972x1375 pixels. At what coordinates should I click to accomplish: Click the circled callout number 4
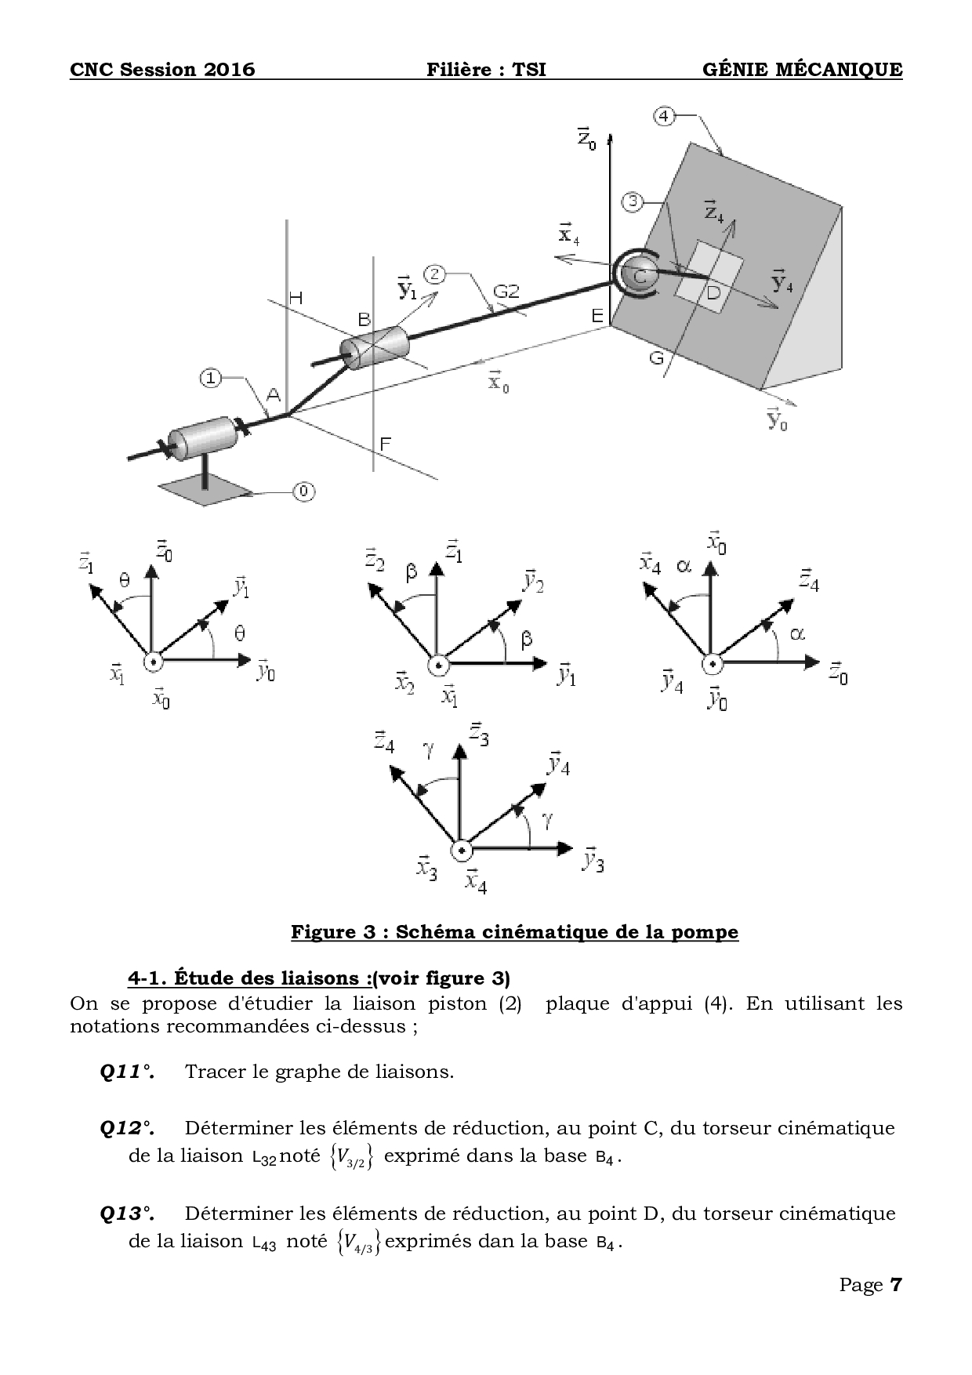click(x=663, y=116)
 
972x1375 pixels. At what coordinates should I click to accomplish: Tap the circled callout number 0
click(x=304, y=492)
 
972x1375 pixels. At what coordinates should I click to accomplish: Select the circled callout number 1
click(x=210, y=378)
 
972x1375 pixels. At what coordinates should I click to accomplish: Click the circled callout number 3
click(x=633, y=201)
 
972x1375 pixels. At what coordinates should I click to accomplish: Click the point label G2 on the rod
click(x=506, y=292)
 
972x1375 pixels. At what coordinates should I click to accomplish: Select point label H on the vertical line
click(x=296, y=298)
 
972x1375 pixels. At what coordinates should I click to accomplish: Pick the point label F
click(x=385, y=444)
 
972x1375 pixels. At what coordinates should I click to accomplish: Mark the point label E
click(x=597, y=316)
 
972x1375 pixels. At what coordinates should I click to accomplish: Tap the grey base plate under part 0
click(x=205, y=488)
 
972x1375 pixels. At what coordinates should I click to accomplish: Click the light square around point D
click(x=708, y=277)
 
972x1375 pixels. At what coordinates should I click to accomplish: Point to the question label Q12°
click(x=127, y=1128)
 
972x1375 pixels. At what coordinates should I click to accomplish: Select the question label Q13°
click(x=127, y=1214)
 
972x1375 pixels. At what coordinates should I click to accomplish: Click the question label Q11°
click(x=127, y=1072)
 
